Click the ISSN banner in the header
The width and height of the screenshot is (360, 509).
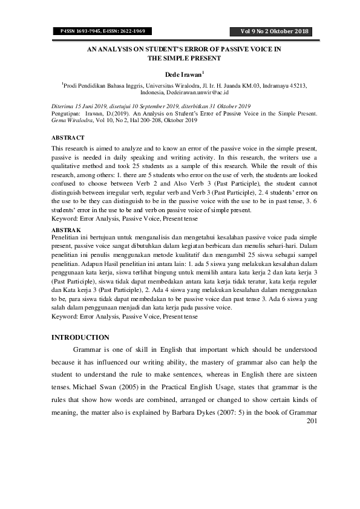105,31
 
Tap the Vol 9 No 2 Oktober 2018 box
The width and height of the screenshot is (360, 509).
274,31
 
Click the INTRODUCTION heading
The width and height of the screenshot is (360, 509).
80,337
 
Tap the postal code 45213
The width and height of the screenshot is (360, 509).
295,86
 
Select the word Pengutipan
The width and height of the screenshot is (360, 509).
66,113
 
